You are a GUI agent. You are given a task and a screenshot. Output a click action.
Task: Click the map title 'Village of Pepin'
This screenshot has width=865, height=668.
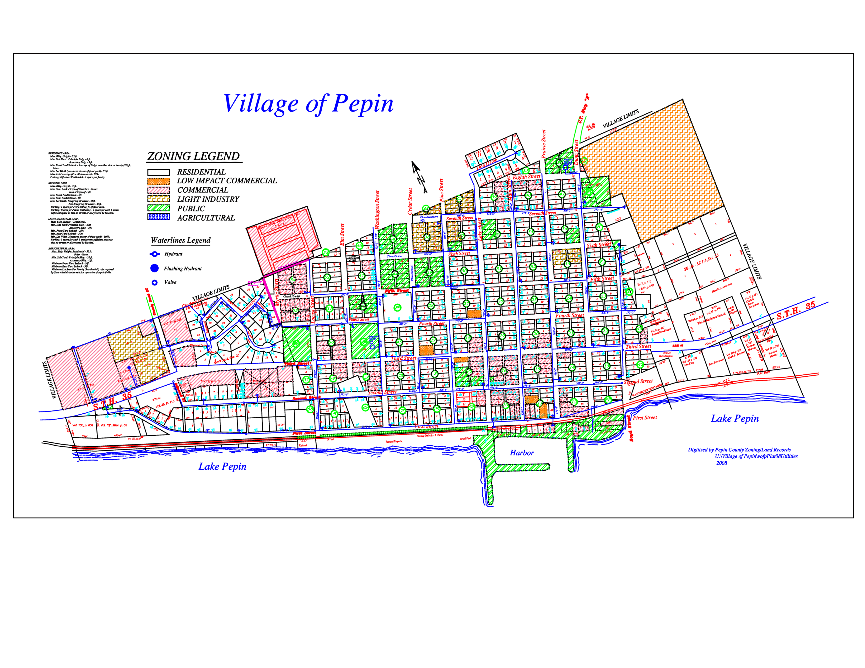point(308,104)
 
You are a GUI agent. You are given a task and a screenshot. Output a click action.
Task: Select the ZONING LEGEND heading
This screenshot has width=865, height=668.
point(194,156)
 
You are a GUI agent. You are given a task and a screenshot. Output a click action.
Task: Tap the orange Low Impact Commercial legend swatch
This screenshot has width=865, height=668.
point(158,181)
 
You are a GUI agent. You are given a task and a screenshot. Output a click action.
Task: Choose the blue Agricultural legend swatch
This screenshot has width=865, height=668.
point(158,217)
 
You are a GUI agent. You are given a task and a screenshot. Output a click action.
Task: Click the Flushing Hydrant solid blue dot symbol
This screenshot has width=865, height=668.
point(154,268)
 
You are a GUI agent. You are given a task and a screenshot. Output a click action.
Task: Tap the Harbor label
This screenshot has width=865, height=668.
point(522,453)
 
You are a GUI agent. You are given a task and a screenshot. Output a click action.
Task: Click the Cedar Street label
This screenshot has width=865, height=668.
point(410,201)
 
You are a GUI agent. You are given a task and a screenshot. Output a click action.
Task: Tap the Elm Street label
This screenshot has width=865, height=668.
point(342,234)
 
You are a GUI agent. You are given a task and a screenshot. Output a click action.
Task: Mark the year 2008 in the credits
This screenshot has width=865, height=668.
point(721,463)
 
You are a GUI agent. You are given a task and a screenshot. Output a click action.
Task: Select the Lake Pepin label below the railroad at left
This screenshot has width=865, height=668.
point(222,467)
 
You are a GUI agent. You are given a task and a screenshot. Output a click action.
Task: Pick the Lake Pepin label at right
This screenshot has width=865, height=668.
point(735,419)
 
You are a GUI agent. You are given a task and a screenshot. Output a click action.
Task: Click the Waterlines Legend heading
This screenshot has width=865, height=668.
point(181,240)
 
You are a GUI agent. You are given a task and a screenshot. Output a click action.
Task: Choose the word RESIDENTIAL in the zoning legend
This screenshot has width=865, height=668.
point(201,172)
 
